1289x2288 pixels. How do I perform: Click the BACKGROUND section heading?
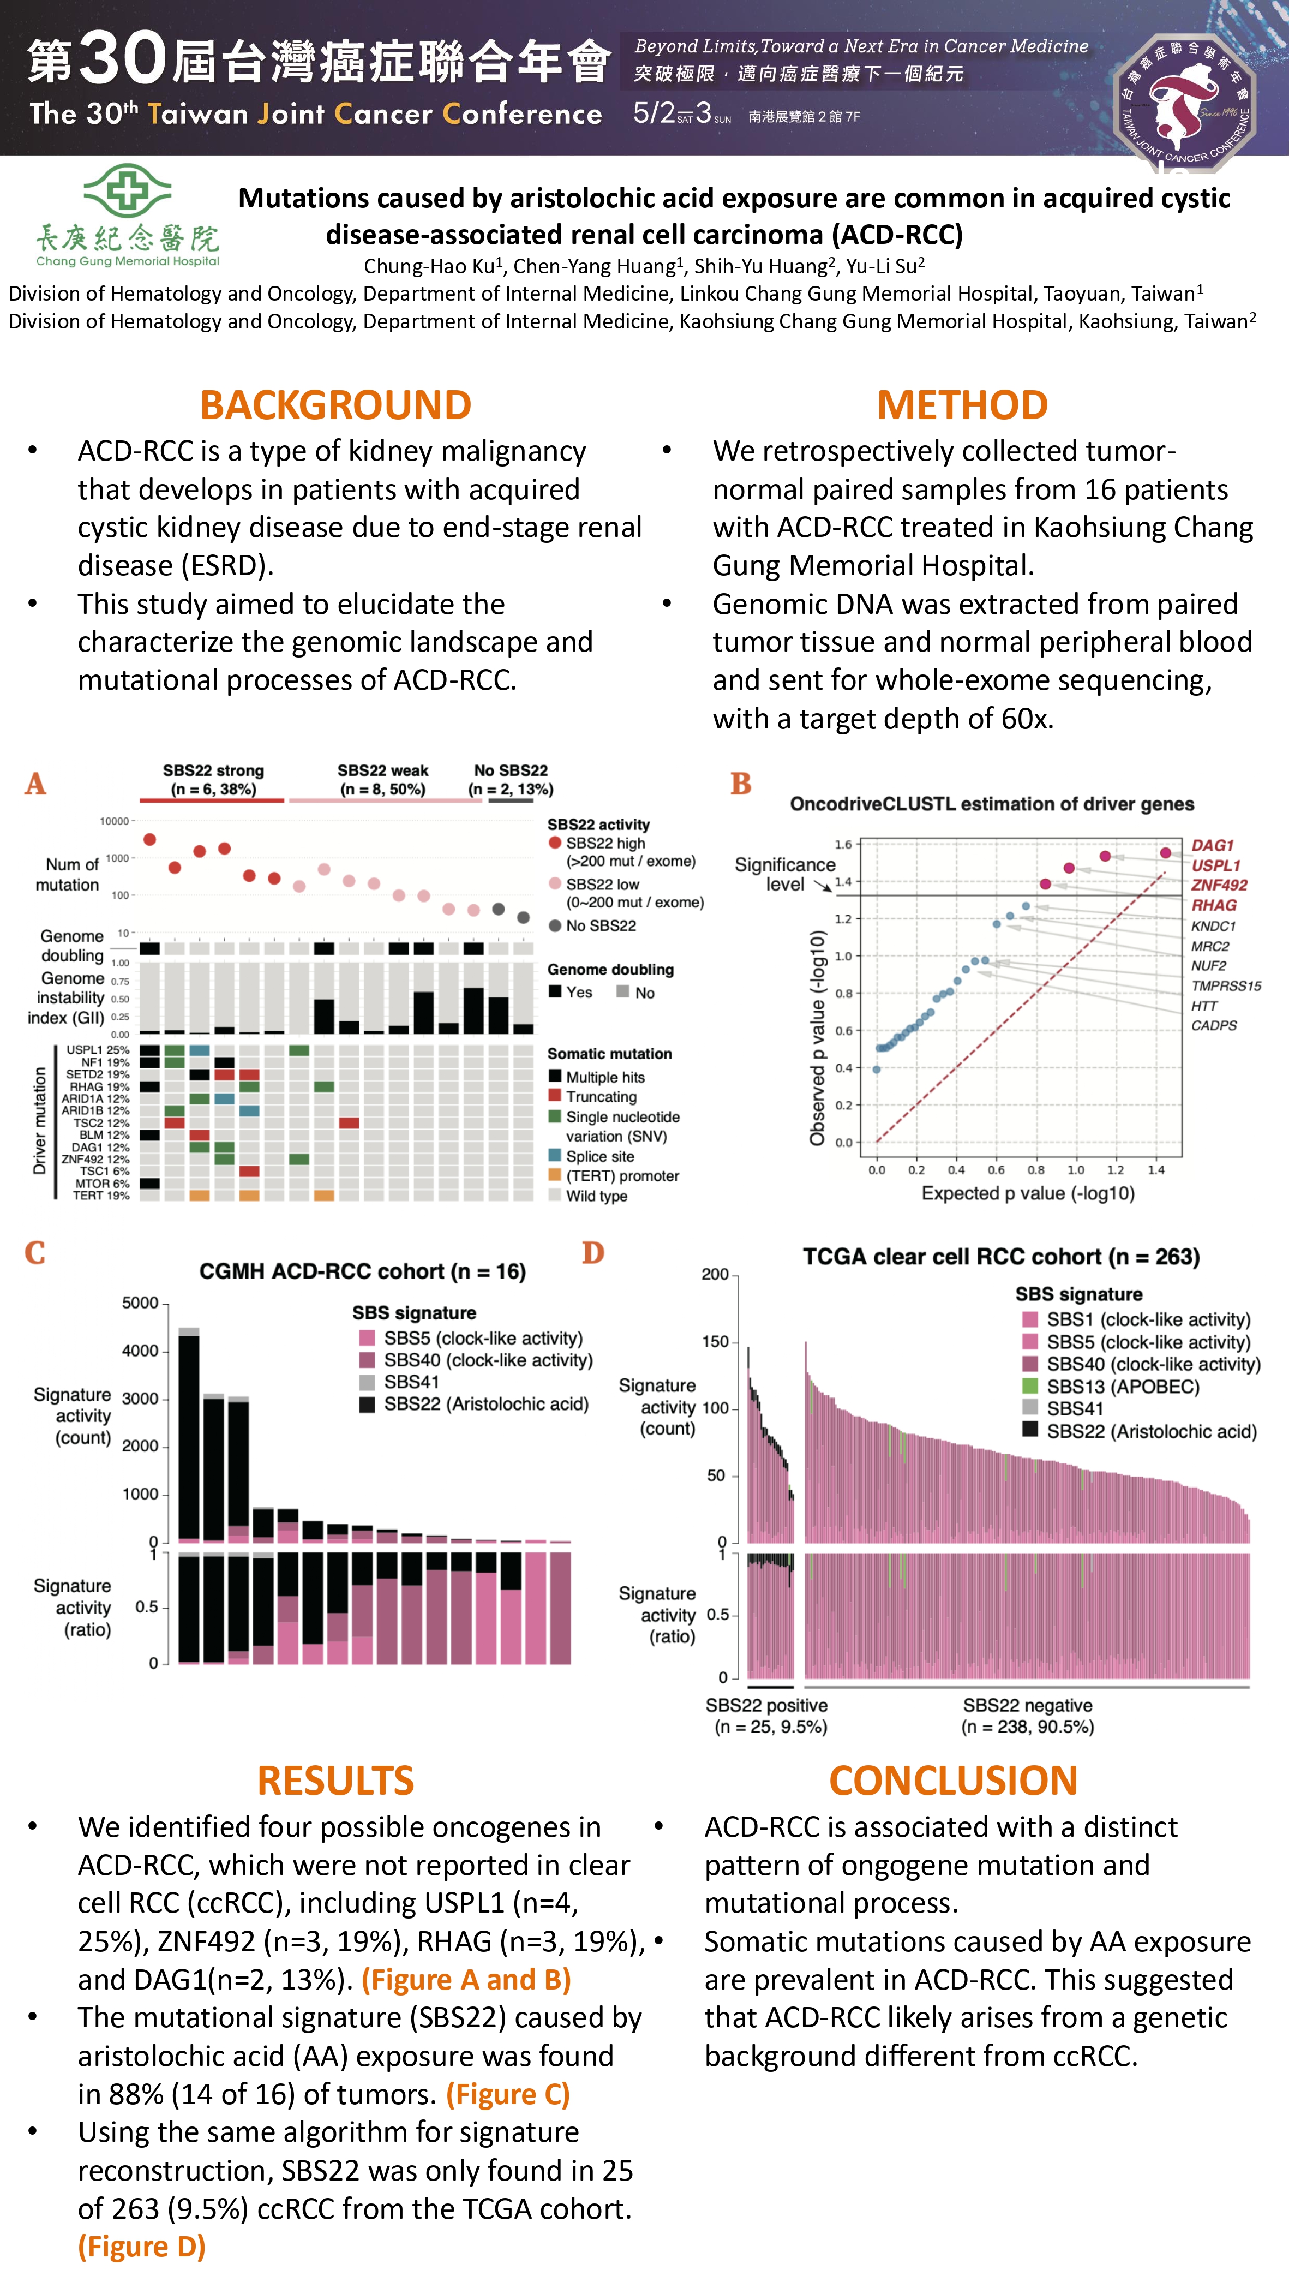(x=335, y=405)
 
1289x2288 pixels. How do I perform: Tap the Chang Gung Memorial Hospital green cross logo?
(x=128, y=191)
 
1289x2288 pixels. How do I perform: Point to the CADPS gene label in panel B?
(x=1214, y=1025)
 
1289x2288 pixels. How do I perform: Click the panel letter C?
(x=34, y=1252)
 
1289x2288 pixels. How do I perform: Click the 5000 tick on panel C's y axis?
(x=140, y=1303)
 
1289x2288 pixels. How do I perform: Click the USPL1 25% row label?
(x=98, y=1050)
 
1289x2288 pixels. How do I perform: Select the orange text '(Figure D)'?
(x=142, y=2246)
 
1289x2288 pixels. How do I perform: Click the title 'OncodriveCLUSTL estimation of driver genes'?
(x=992, y=804)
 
